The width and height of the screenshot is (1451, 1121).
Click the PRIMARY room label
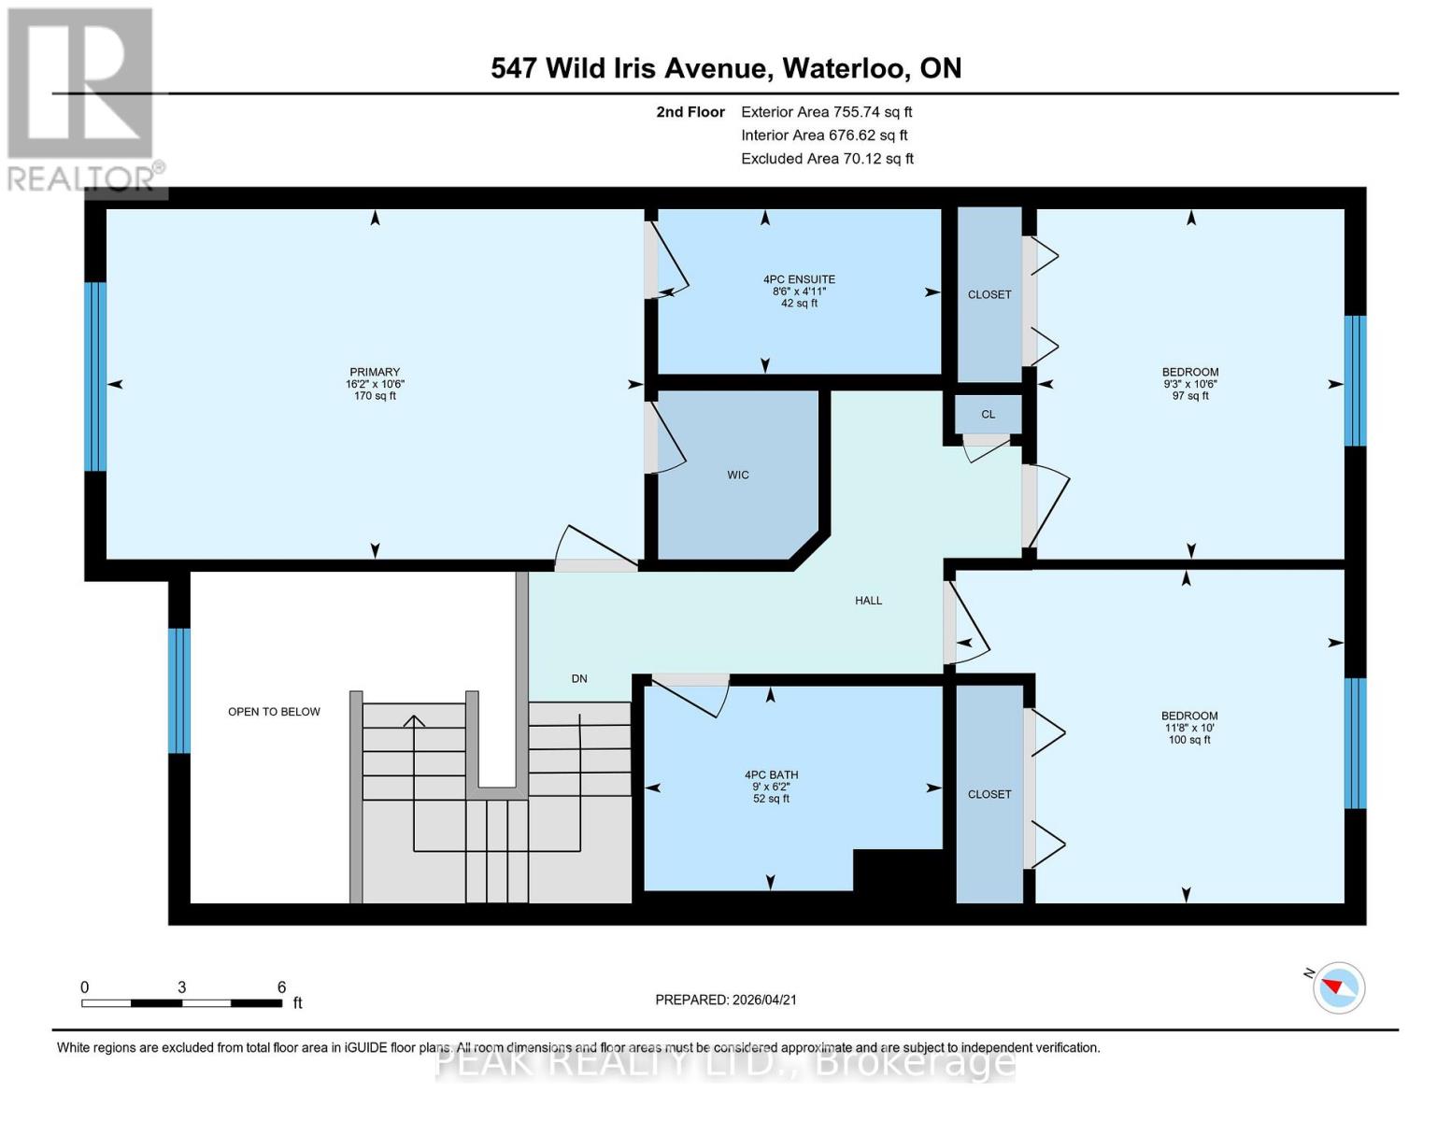pyautogui.click(x=375, y=372)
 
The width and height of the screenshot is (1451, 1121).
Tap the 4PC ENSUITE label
pyautogui.click(x=799, y=279)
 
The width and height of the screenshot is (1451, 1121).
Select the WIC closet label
pyautogui.click(x=738, y=475)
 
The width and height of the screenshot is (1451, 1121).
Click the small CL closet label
pyautogui.click(x=989, y=414)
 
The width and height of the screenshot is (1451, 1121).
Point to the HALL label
pyautogui.click(x=868, y=601)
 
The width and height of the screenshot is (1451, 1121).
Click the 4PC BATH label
pyautogui.click(x=771, y=774)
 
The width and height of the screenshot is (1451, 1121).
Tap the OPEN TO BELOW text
pyautogui.click(x=274, y=712)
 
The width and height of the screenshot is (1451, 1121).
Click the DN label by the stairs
pyautogui.click(x=579, y=678)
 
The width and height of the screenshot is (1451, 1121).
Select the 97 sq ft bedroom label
pyautogui.click(x=1190, y=383)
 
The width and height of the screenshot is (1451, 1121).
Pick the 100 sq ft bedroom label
pyautogui.click(x=1189, y=728)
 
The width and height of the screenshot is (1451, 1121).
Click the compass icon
pyautogui.click(x=1339, y=987)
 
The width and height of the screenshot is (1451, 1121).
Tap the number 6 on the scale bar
pyautogui.click(x=281, y=987)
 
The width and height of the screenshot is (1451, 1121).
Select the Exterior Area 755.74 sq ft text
pyautogui.click(x=826, y=112)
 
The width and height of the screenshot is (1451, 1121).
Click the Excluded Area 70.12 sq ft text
pyautogui.click(x=827, y=159)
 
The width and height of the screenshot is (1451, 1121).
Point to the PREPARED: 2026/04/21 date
pyautogui.click(x=726, y=1000)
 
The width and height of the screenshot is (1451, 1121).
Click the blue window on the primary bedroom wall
pyautogui.click(x=95, y=376)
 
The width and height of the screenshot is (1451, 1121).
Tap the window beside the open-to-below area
pyautogui.click(x=179, y=690)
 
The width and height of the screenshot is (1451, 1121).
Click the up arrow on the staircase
pyautogui.click(x=414, y=721)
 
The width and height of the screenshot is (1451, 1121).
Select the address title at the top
pyautogui.click(x=726, y=68)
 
